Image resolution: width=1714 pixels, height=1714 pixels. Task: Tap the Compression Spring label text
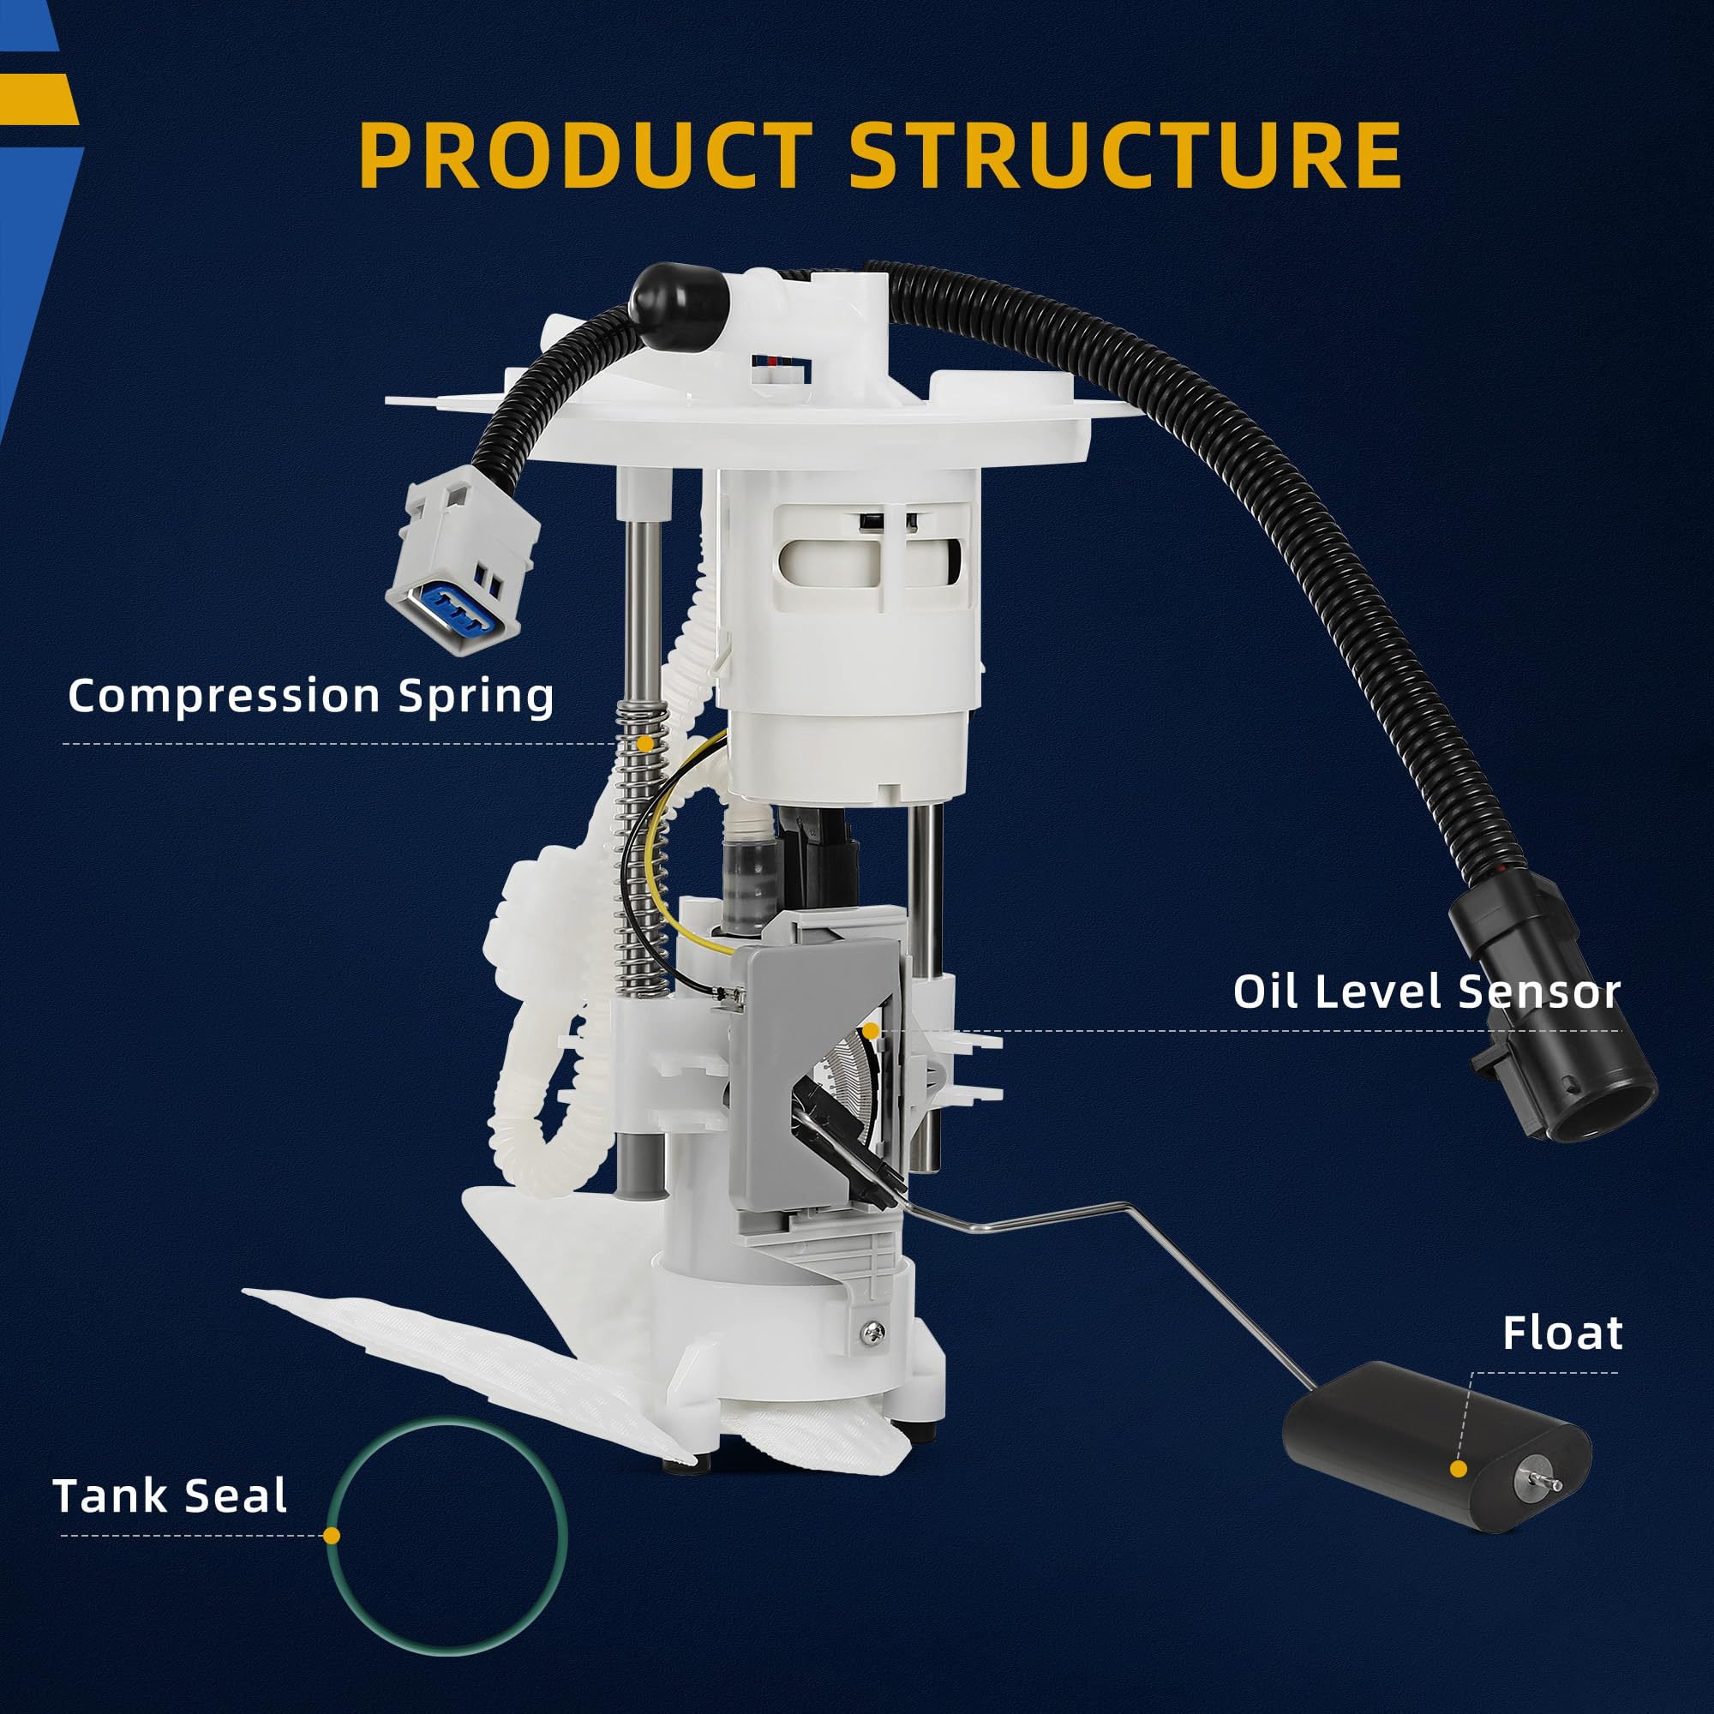310,695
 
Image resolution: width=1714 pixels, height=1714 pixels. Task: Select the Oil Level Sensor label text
1427,991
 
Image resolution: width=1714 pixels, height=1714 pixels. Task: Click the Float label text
1562,1333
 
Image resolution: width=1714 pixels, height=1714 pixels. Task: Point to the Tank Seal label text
171,1495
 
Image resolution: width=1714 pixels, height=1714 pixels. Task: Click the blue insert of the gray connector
452,610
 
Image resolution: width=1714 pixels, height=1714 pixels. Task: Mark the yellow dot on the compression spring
645,743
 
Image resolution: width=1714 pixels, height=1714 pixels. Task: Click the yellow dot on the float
1458,1469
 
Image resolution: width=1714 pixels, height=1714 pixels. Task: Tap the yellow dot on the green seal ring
332,1536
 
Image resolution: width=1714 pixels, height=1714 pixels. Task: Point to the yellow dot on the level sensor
872,1031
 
